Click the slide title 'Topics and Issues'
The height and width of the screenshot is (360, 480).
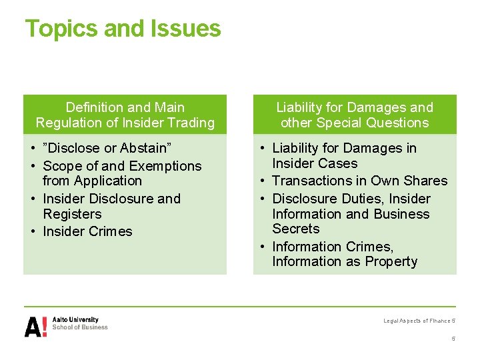tap(123, 29)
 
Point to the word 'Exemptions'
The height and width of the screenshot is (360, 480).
tap(166, 166)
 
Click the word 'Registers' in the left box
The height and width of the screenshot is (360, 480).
tap(72, 214)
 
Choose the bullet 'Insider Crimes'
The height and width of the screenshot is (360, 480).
tap(87, 231)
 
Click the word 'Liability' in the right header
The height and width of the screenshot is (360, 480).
tap(298, 107)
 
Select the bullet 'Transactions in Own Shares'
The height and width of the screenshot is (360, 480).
tap(359, 181)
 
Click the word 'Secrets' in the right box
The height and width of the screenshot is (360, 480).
tap(296, 229)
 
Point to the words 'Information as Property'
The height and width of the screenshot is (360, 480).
tap(345, 261)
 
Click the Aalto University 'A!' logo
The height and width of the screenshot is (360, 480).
tap(36, 327)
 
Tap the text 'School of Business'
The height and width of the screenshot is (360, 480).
tap(80, 327)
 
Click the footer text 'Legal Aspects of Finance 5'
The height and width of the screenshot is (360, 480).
tap(419, 321)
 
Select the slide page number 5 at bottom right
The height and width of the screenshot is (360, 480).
tap(453, 339)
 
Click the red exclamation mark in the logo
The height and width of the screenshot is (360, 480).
tap(44, 327)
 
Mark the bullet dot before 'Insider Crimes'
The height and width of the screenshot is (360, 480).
tap(33, 232)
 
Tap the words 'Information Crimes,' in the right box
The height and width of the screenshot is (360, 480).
tap(333, 247)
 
